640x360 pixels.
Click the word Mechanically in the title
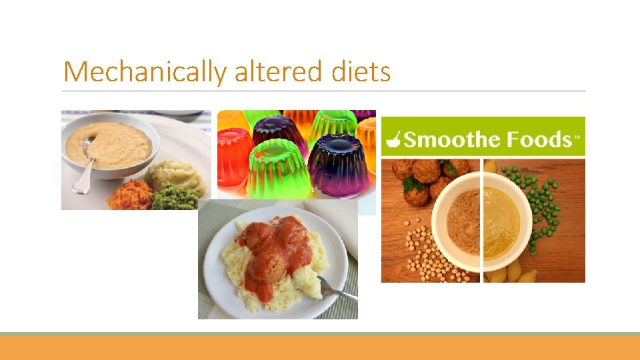click(x=144, y=71)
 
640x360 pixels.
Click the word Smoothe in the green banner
click(x=454, y=139)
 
